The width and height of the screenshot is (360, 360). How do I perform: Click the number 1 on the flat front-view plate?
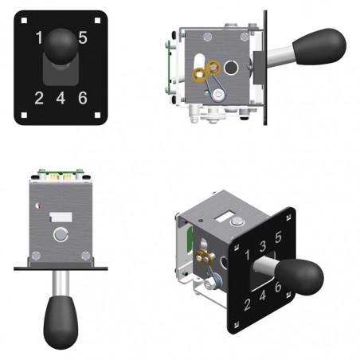[x=39, y=37]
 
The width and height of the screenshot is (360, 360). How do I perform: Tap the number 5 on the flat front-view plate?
[x=83, y=37]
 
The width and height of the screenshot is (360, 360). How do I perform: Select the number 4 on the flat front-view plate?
[x=61, y=98]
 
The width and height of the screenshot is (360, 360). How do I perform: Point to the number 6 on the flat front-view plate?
[x=83, y=98]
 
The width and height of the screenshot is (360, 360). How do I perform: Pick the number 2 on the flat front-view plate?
[x=39, y=98]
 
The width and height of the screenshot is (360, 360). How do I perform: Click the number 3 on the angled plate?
[x=263, y=246]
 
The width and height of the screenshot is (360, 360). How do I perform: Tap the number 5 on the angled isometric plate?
[x=278, y=237]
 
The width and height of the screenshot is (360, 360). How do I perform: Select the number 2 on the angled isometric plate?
[x=247, y=304]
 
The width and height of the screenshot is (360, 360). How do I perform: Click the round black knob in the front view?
[x=61, y=46]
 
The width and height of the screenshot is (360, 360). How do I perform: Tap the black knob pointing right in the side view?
[x=319, y=46]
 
